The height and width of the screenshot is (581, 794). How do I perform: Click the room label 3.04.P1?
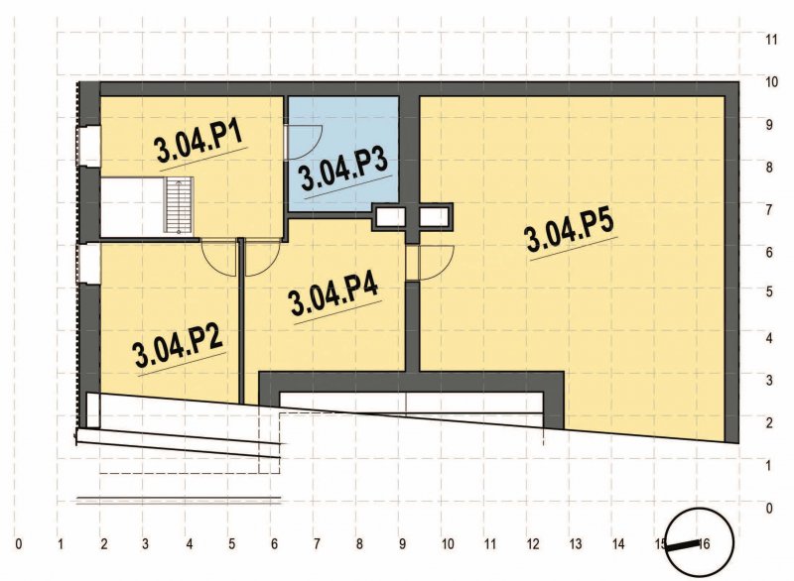tap(199, 145)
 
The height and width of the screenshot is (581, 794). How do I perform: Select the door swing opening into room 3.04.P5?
tap(435, 264)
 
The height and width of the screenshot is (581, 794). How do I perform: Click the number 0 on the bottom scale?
tap(19, 543)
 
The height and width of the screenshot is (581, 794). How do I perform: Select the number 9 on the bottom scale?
tap(403, 543)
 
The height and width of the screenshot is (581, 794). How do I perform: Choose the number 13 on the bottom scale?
tap(575, 543)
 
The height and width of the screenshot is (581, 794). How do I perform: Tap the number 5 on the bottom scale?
tap(231, 543)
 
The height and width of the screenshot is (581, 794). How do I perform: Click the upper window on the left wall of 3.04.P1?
tap(86, 144)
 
